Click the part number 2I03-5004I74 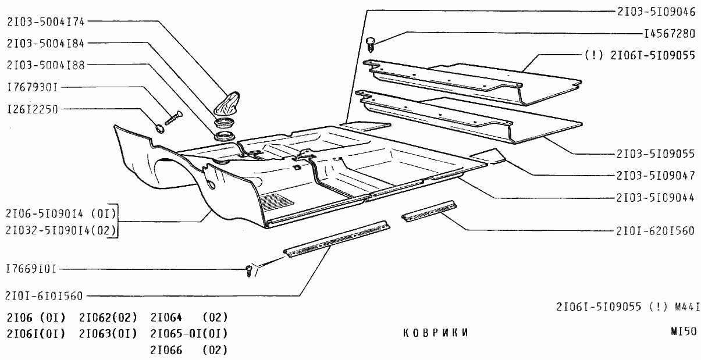(46, 22)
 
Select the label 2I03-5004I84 (46, 44)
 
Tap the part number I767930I (33, 87)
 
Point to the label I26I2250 (33, 109)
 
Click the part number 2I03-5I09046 (656, 12)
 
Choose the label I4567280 (670, 34)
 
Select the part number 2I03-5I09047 (656, 176)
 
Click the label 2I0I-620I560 (655, 231)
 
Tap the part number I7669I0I (31, 269)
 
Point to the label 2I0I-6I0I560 (44, 296)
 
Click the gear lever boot (226, 103)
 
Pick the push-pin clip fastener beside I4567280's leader (371, 45)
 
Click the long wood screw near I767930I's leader (174, 118)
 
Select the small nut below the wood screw (159, 128)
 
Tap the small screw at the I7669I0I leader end (249, 271)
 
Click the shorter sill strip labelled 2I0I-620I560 (429, 211)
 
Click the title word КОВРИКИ (436, 333)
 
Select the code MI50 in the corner (684, 332)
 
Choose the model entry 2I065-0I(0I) (189, 334)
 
